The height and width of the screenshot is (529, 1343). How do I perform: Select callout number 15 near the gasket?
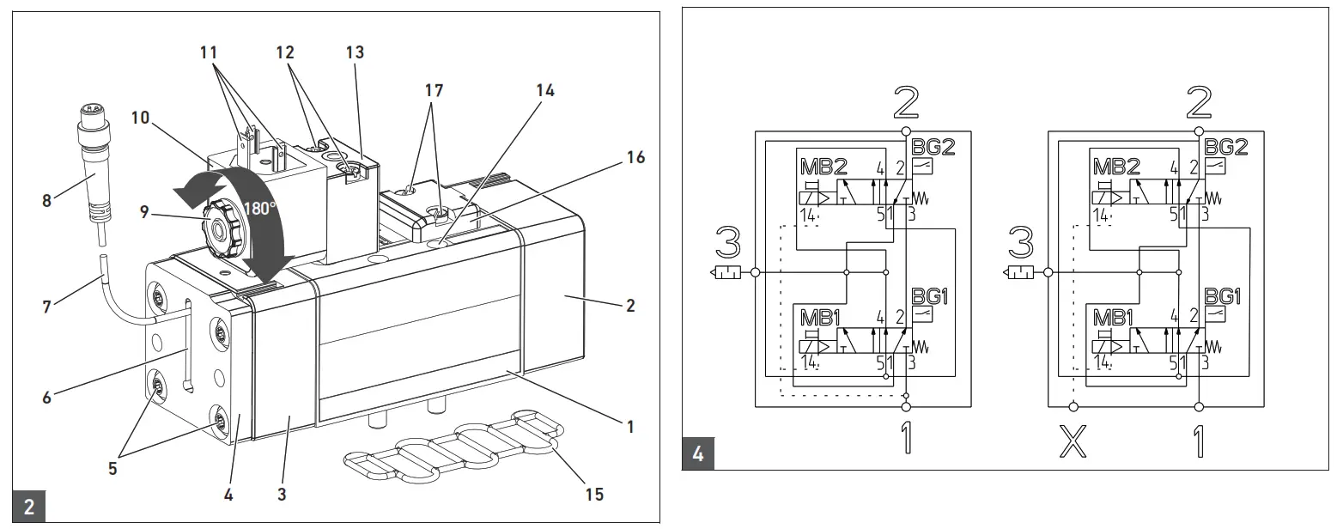[593, 494]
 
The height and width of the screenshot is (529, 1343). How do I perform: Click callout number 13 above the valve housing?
[355, 53]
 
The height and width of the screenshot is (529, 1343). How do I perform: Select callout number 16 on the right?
[635, 157]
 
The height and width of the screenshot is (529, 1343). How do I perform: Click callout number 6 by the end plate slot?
[47, 397]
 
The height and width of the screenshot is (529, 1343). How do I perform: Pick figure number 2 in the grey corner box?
[28, 507]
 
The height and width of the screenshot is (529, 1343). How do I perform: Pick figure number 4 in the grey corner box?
[697, 453]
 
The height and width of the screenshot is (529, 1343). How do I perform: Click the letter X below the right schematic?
[1070, 443]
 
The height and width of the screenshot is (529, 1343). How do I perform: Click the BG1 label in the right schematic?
[1223, 296]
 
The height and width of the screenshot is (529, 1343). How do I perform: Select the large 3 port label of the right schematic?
[1021, 246]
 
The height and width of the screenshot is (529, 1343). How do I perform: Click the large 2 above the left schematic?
[905, 103]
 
